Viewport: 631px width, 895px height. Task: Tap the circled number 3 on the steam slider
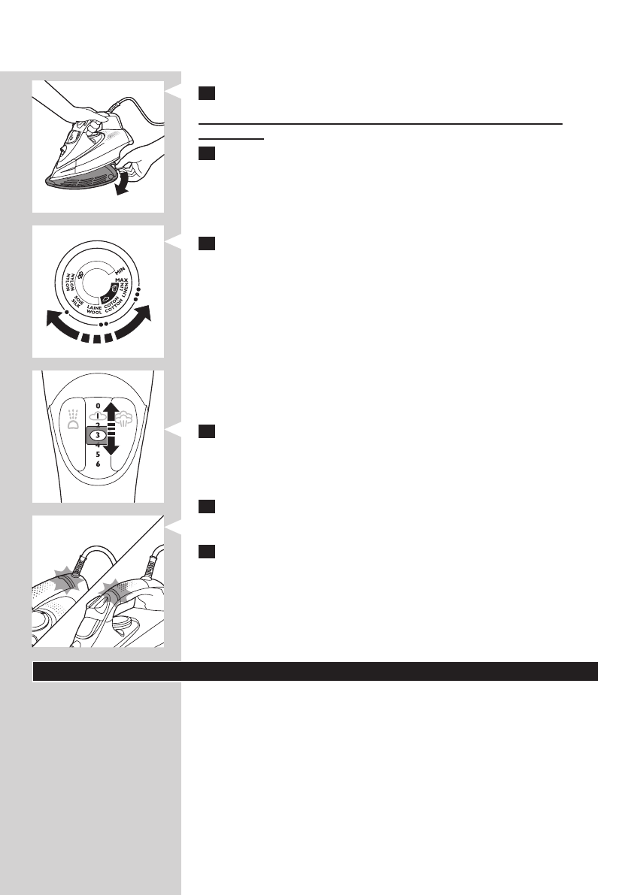[x=99, y=434]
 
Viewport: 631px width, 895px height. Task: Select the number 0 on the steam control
[x=98, y=405]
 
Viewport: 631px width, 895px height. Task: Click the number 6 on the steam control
[x=98, y=464]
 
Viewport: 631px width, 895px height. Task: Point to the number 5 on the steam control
[x=98, y=455]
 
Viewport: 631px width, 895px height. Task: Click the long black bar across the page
[x=315, y=671]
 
